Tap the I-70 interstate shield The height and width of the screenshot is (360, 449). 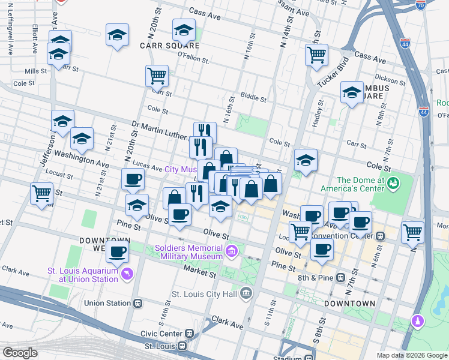click(421, 5)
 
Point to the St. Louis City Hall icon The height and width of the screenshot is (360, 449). click(246, 294)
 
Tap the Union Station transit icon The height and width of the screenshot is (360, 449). click(138, 303)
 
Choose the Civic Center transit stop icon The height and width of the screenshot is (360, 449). click(190, 333)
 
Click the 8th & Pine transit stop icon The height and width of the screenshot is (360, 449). click(340, 278)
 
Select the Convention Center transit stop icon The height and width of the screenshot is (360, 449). click(381, 236)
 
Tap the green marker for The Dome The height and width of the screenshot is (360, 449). click(394, 182)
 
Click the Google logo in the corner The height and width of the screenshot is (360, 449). click(20, 353)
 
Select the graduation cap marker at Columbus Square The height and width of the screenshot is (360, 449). click(352, 92)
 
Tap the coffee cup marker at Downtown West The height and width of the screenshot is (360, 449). click(118, 251)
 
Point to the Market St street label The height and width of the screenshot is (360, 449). click(200, 271)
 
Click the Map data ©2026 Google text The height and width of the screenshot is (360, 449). click(411, 355)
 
